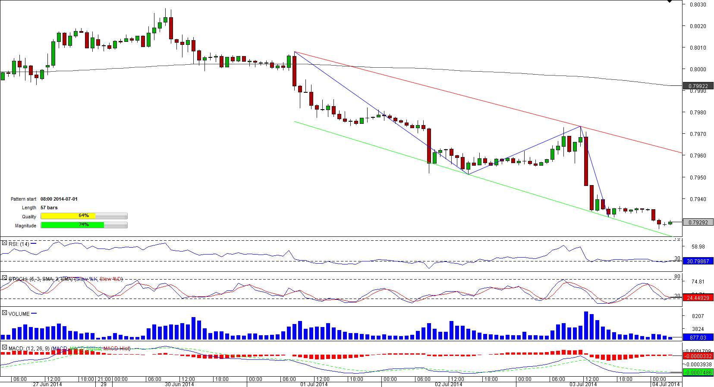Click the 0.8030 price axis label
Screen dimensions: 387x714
click(x=698, y=5)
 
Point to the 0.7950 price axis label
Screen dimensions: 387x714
click(x=698, y=177)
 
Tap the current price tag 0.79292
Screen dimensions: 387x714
click(x=698, y=223)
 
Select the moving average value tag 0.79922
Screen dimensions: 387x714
click(x=698, y=86)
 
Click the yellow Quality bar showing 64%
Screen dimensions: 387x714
click(x=68, y=216)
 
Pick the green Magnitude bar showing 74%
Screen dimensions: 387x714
click(x=72, y=225)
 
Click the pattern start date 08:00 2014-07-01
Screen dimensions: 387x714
click(x=59, y=199)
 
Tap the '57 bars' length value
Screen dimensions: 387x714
click(x=49, y=208)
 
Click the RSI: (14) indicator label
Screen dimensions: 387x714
click(x=19, y=244)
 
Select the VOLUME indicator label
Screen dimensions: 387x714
click(x=19, y=314)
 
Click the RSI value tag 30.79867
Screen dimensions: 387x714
click(x=698, y=261)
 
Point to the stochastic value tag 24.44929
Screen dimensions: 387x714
click(x=698, y=298)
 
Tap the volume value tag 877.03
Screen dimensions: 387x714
click(x=698, y=338)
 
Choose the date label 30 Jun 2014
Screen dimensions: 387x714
click(x=179, y=384)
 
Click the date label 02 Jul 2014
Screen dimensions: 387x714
click(x=448, y=384)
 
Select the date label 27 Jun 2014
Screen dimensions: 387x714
click(x=47, y=384)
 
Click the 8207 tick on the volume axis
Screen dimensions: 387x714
click(x=698, y=316)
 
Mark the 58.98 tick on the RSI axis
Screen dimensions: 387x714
click(x=698, y=247)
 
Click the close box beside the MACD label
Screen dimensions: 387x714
click(x=4, y=348)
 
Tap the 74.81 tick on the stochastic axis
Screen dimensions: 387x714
click(x=698, y=282)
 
